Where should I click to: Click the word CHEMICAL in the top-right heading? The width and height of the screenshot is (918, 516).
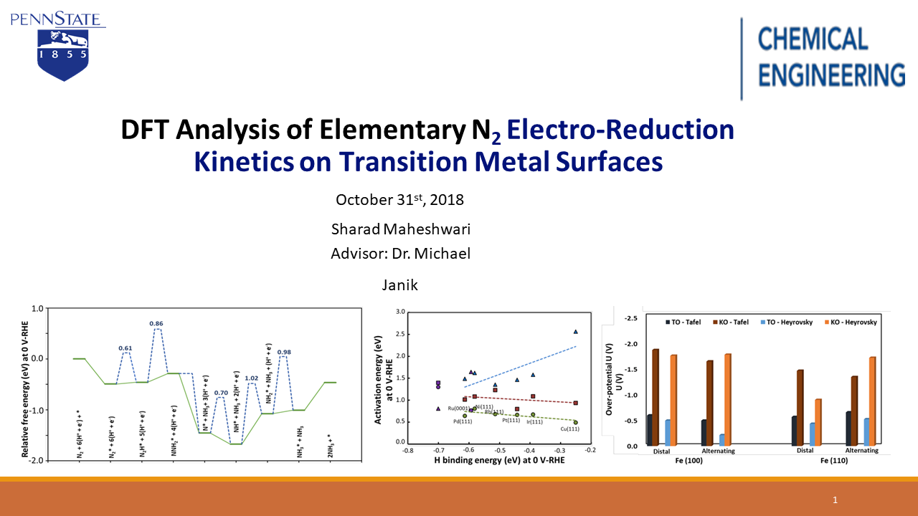pyautogui.click(x=813, y=39)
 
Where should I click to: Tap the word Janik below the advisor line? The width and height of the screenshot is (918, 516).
pyautogui.click(x=400, y=285)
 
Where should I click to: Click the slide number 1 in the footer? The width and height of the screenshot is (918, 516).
pyautogui.click(x=836, y=500)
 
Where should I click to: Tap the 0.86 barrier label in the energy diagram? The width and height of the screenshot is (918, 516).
pyautogui.click(x=156, y=324)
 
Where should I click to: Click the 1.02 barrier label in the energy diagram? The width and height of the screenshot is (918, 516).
pyautogui.click(x=251, y=378)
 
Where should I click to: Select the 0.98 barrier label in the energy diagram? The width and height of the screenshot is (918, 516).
pyautogui.click(x=284, y=352)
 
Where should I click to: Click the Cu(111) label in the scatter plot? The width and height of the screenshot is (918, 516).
pyautogui.click(x=570, y=429)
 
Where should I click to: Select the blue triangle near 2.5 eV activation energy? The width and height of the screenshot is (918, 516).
pyautogui.click(x=575, y=332)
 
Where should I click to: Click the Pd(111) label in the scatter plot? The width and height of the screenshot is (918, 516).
pyautogui.click(x=462, y=421)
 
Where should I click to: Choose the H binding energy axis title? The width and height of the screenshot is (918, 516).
pyautogui.click(x=500, y=461)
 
